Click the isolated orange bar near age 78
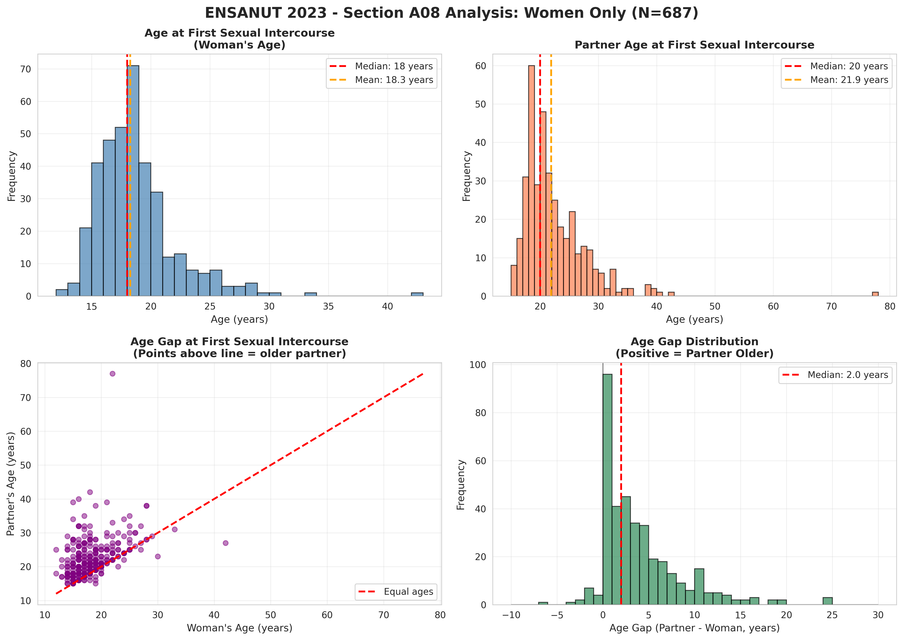point(875,294)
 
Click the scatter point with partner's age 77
point(112,374)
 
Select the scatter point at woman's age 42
point(226,543)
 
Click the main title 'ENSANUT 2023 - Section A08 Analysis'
point(451,13)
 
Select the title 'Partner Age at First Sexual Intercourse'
point(694,45)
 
